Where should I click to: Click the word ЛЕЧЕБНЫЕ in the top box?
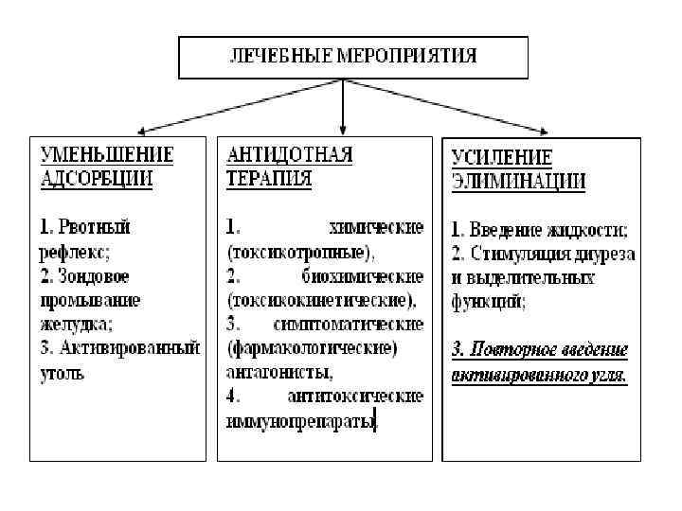[276, 55]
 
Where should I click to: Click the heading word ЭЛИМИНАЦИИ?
[517, 180]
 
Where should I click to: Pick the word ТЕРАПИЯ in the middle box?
[269, 179]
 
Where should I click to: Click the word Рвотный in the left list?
[94, 227]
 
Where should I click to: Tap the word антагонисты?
[274, 373]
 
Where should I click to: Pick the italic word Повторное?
[516, 349]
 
